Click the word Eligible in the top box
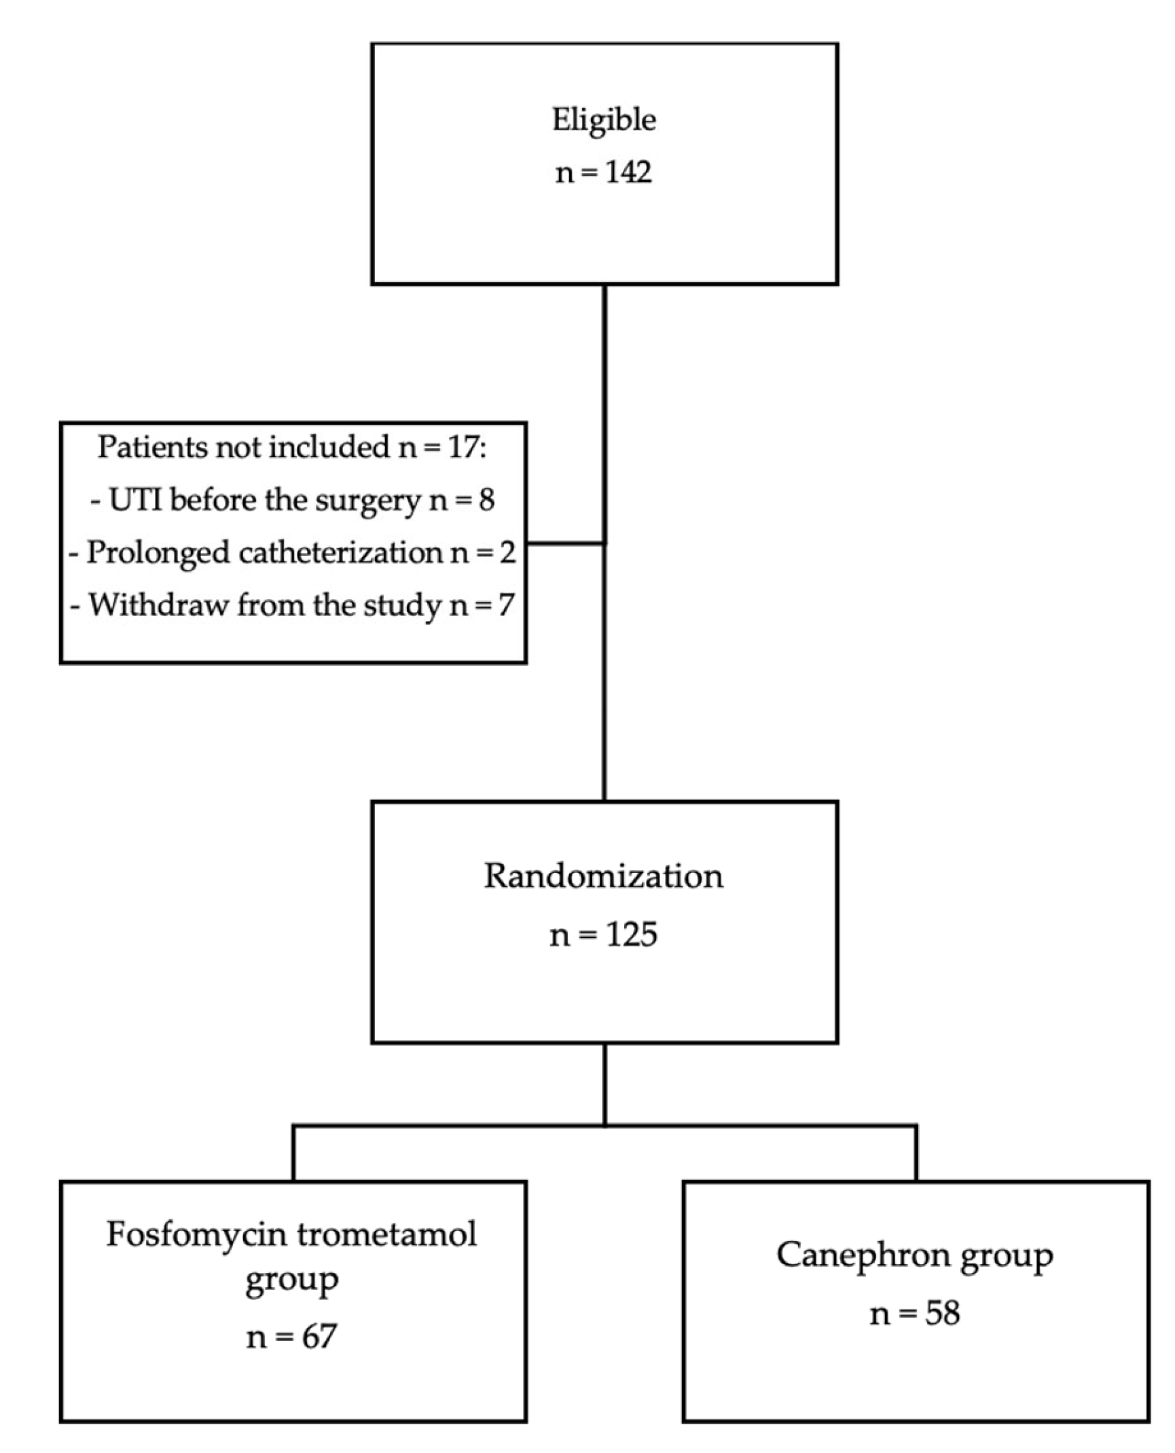(x=604, y=120)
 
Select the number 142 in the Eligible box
(x=628, y=172)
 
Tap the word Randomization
(x=604, y=876)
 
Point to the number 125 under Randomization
(x=632, y=935)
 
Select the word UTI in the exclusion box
(x=135, y=500)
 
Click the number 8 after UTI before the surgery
(x=486, y=501)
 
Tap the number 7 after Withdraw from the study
(x=505, y=605)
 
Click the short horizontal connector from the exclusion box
(x=565, y=543)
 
